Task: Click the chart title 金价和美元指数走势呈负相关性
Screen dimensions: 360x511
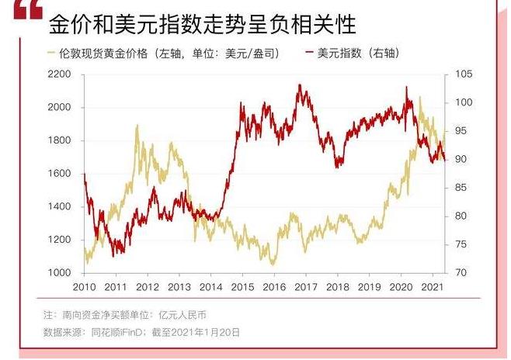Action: click(202, 25)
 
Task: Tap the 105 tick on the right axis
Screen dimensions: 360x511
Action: click(461, 74)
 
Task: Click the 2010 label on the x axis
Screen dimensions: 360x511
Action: click(84, 287)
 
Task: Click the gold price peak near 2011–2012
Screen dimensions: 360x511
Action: click(137, 125)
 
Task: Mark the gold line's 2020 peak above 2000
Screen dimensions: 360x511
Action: click(420, 98)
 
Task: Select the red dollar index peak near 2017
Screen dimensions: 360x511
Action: click(300, 85)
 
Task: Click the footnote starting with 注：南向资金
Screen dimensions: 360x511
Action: click(125, 316)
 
